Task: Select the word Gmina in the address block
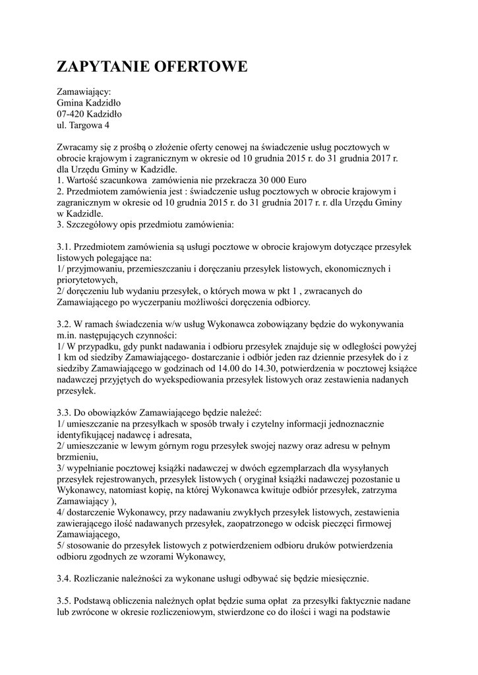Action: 72,103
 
